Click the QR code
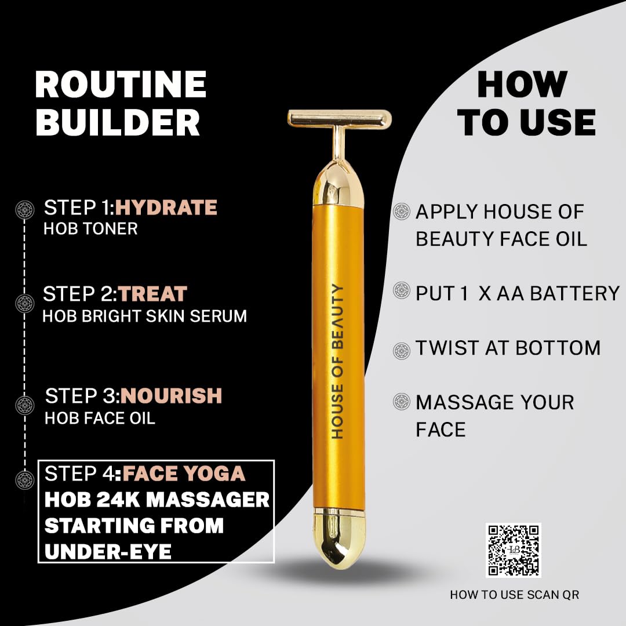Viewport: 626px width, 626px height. (514, 550)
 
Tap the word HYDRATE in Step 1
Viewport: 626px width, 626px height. (166, 208)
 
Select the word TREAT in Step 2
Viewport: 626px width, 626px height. (152, 294)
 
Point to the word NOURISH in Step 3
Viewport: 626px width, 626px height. (171, 396)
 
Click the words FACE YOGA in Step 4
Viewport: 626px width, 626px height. (184, 474)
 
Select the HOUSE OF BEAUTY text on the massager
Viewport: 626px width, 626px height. (338, 361)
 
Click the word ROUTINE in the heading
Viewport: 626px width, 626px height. (121, 84)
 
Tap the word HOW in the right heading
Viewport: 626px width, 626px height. (522, 84)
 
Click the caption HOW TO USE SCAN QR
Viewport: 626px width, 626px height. (514, 595)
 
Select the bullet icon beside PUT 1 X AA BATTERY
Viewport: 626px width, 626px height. (402, 290)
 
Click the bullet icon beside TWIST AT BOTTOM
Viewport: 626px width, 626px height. (402, 351)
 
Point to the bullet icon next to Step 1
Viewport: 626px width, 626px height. (25, 210)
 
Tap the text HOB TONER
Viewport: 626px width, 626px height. (90, 229)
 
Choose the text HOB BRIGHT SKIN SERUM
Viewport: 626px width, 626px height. (144, 316)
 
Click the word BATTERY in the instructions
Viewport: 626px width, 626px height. (575, 293)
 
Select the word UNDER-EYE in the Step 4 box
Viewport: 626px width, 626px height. (108, 552)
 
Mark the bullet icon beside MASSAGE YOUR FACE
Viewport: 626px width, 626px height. (402, 402)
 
